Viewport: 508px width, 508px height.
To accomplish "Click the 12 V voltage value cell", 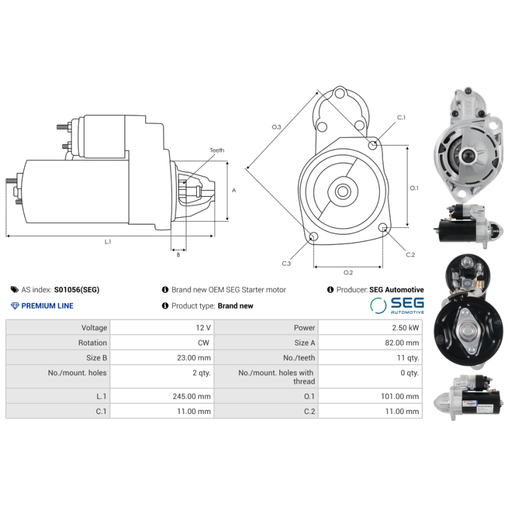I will pos(203,328).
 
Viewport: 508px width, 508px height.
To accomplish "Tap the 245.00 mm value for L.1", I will pos(195,396).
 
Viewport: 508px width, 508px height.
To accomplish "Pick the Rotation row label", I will pos(92,343).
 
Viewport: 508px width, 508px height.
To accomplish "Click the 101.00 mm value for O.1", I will pos(403,396).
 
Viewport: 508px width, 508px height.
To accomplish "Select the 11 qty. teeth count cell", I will pos(408,358).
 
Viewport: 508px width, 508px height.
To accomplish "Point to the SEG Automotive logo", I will pos(397,305).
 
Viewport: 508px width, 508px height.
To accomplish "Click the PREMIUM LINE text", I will pos(47,306).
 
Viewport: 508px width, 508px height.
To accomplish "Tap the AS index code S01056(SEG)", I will pos(76,290).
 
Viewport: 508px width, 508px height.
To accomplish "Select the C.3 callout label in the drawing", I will pos(286,263).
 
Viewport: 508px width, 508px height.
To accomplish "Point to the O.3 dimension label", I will pos(276,127).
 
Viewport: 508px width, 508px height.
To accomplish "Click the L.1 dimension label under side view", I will pos(108,242).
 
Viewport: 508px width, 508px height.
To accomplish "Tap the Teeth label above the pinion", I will pos(217,150).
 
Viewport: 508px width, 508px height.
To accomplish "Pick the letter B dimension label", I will pos(178,255).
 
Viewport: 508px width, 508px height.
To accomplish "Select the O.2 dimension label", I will pos(348,273).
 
